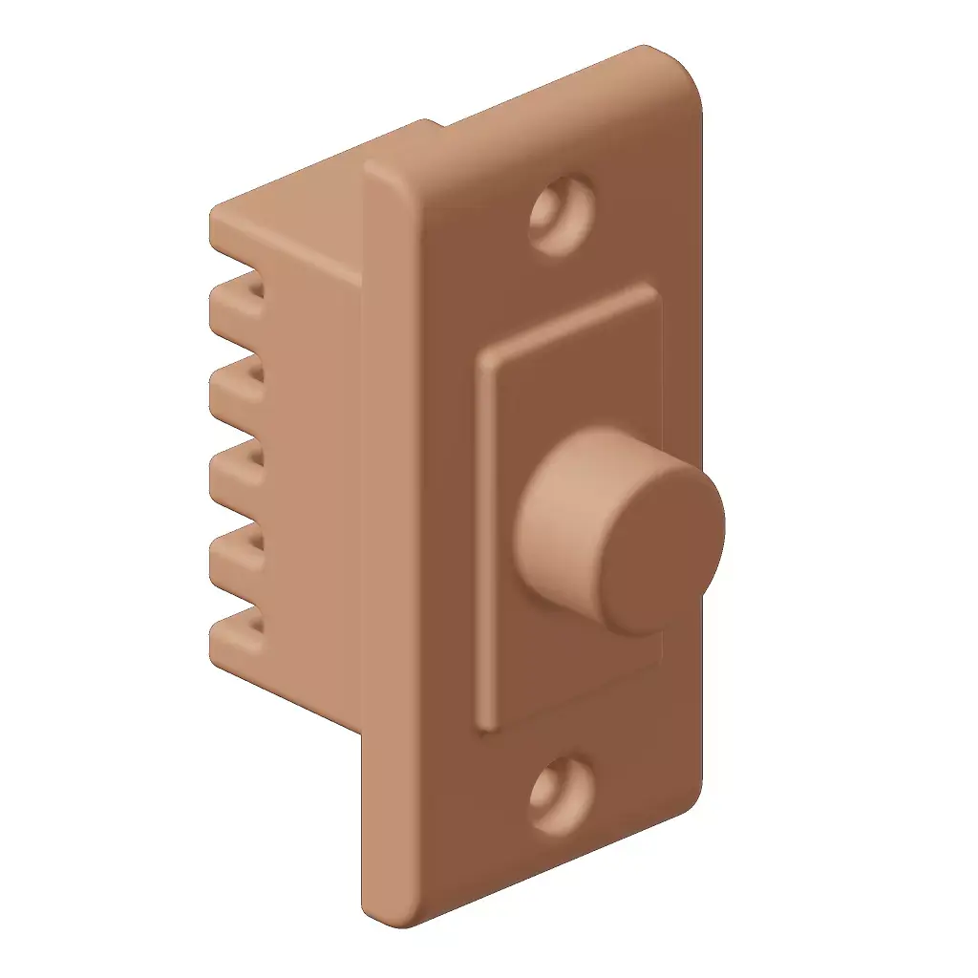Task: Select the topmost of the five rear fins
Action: point(234,301)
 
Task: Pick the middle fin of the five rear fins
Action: point(234,466)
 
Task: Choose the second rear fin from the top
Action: point(234,384)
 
